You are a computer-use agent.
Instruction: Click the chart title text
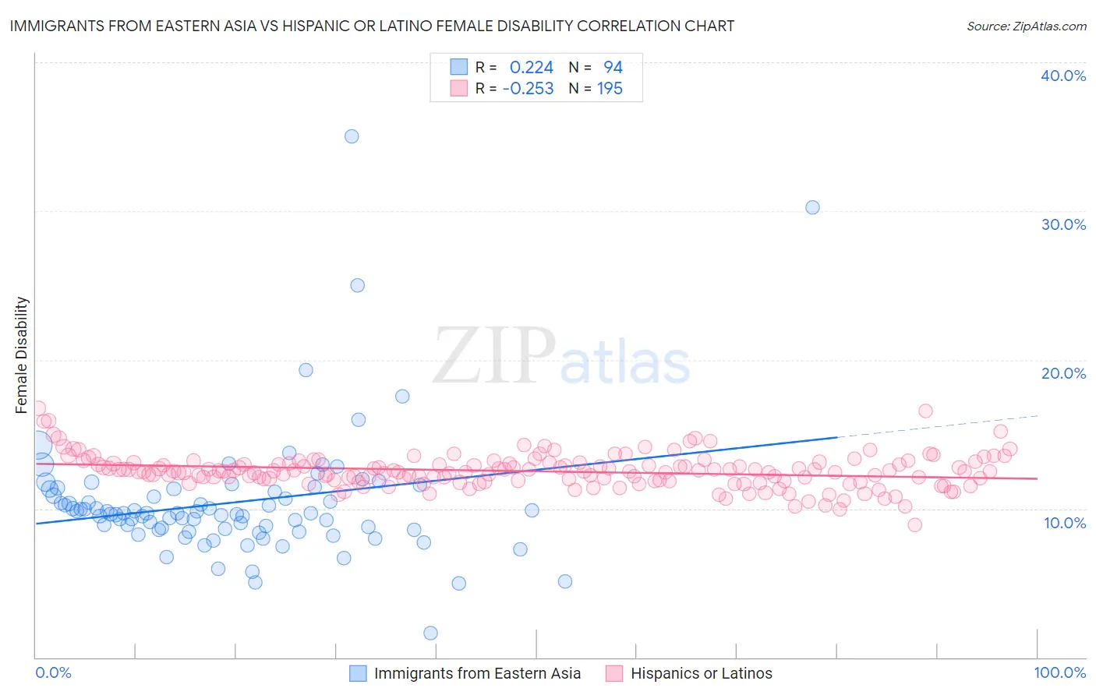point(371,26)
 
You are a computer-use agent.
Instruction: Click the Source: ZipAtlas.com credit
point(1026,26)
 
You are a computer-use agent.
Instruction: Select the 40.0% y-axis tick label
point(1063,76)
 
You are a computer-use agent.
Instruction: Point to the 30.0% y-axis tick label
point(1063,224)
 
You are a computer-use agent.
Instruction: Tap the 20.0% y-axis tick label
point(1063,373)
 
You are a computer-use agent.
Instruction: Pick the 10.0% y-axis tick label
point(1065,523)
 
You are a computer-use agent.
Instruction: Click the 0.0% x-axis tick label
point(53,672)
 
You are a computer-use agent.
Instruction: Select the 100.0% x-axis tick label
point(1059,672)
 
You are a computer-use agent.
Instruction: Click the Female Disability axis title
point(22,355)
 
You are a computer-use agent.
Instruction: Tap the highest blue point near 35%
point(352,136)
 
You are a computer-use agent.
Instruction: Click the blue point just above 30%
point(812,207)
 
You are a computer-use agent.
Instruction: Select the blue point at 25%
point(357,285)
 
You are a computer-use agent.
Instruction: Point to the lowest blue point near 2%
point(430,633)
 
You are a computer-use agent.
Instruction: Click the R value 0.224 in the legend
point(531,68)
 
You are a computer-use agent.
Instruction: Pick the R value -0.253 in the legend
point(528,89)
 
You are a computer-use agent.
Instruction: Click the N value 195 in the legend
point(610,89)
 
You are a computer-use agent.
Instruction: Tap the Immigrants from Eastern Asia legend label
point(477,674)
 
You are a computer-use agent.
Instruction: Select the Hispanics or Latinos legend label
point(701,674)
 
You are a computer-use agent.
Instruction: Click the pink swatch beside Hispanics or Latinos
point(614,674)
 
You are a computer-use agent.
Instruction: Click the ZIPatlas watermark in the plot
point(561,356)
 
